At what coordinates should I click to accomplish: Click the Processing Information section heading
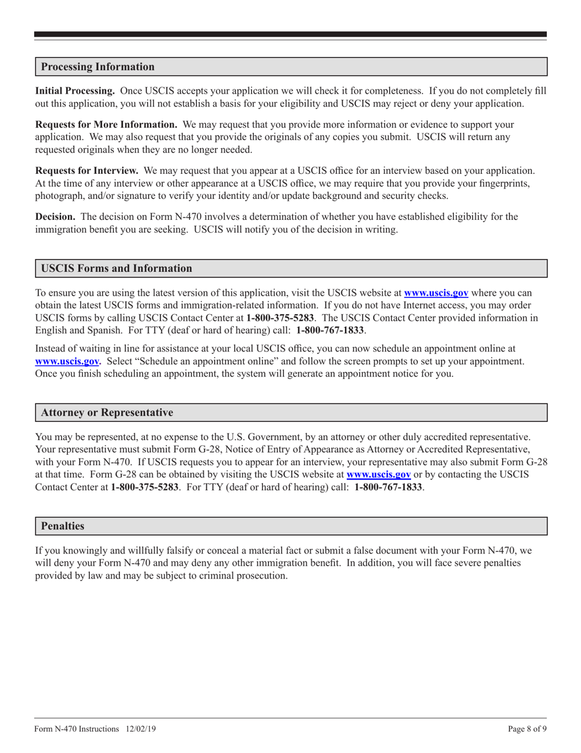[97, 67]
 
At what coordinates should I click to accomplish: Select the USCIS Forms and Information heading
[116, 268]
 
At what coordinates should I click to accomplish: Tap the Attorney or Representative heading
[106, 413]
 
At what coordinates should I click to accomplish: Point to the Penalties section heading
[62, 526]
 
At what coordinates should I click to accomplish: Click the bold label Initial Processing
[75, 91]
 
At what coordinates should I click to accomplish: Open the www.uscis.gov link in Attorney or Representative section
[379, 474]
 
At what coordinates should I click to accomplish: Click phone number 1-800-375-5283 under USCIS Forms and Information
[280, 318]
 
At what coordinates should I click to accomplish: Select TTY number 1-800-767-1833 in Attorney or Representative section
[388, 489]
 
